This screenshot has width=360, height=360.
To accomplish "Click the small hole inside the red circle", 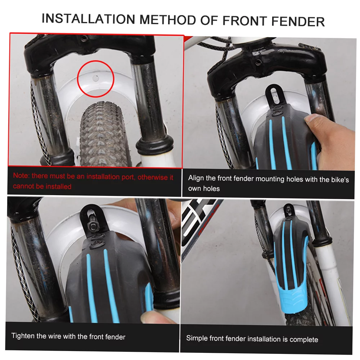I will click(96, 77).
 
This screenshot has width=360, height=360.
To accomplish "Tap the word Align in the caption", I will click(197, 178).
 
